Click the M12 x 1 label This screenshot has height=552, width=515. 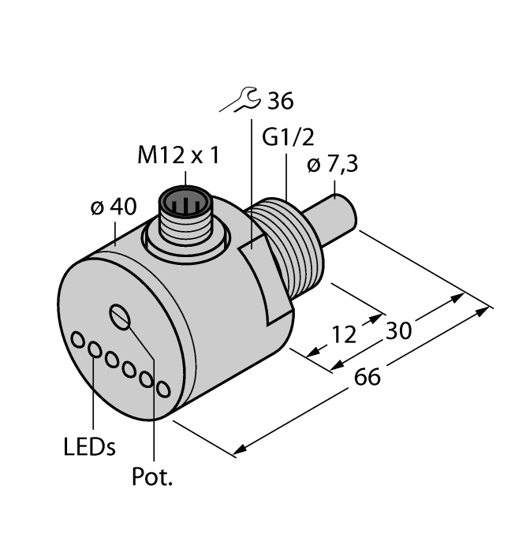(178, 155)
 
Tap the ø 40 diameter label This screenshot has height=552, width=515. (114, 207)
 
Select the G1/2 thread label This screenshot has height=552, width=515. (288, 138)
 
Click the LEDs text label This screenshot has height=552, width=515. (89, 448)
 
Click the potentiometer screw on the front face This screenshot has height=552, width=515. (121, 316)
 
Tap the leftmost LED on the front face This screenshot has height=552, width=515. (79, 340)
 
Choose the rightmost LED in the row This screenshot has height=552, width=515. (163, 389)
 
